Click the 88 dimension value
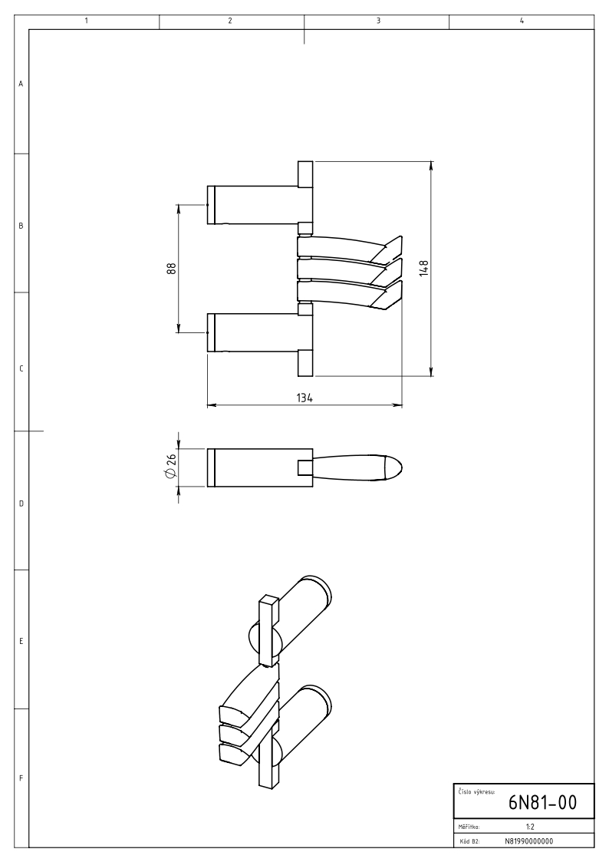pyautogui.click(x=172, y=269)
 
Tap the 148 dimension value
pyautogui.click(x=423, y=268)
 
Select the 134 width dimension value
pyautogui.click(x=304, y=398)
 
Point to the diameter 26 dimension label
pyautogui.click(x=171, y=466)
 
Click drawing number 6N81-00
pyautogui.click(x=542, y=803)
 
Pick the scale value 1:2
pyautogui.click(x=531, y=827)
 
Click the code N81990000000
pyautogui.click(x=528, y=841)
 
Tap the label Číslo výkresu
pyautogui.click(x=476, y=791)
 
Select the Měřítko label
pyautogui.click(x=469, y=827)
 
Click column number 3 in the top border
pyautogui.click(x=378, y=21)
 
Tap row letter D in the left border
pyautogui.click(x=21, y=503)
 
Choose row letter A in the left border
pyautogui.click(x=21, y=84)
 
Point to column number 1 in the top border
pyautogui.click(x=87, y=21)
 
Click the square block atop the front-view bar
pyautogui.click(x=305, y=174)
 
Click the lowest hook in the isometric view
pyautogui.click(x=235, y=755)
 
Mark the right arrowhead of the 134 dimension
pyautogui.click(x=399, y=406)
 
